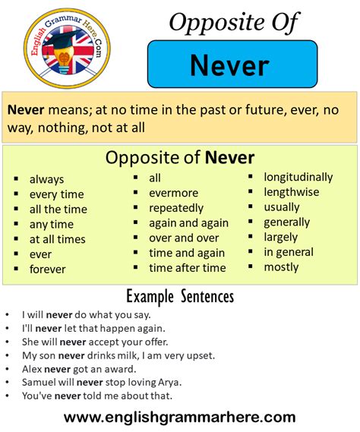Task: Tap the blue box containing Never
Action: coord(232,65)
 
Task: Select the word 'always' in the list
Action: coord(46,179)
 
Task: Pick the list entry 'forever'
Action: coord(47,269)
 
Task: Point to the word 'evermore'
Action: coord(173,193)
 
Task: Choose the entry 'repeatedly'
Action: coord(176,207)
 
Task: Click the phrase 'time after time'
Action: coord(187,267)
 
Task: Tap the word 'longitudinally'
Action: coord(298,177)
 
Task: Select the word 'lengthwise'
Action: coord(291,192)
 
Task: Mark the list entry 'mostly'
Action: coord(281,266)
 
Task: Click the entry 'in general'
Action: coord(289,252)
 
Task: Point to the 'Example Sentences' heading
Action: coord(179,296)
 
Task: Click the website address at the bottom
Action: coord(179,417)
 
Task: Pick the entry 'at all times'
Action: coord(57,239)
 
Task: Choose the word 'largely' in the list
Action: coord(281,237)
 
